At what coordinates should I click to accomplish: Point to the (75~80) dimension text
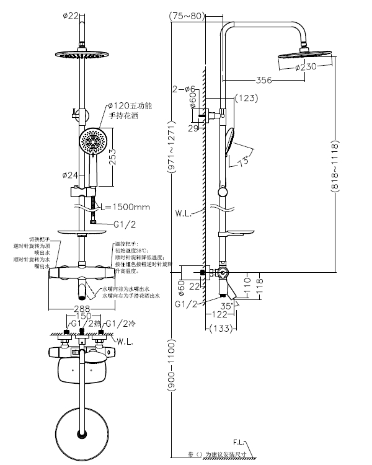point(187,16)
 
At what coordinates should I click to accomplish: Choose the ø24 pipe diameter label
point(71,175)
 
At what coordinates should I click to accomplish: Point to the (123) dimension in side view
point(246,97)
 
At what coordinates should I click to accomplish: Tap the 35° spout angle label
point(227,306)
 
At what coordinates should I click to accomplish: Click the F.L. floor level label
point(241,442)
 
